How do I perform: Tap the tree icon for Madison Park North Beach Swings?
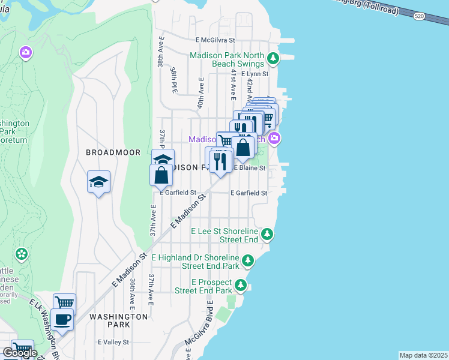point(274,59)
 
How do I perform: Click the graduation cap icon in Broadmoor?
point(99,182)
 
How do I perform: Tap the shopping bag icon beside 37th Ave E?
point(161,175)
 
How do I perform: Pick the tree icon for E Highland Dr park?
point(247,261)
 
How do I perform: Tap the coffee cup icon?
point(62,319)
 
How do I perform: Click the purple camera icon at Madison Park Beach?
point(274,139)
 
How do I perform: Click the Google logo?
point(20,353)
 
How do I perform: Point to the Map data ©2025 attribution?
point(424,355)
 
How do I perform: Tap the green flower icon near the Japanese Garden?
point(22,254)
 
